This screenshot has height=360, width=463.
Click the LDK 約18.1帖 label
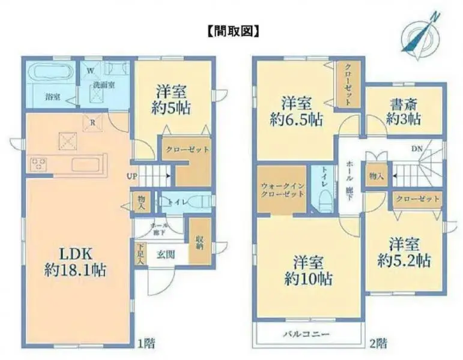[75, 262]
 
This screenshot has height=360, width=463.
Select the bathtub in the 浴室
[50, 75]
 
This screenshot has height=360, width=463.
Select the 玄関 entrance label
[166, 254]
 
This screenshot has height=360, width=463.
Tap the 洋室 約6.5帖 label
[297, 110]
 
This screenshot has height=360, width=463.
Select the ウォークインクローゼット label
[282, 191]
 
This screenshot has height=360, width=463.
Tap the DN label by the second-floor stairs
[416, 148]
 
